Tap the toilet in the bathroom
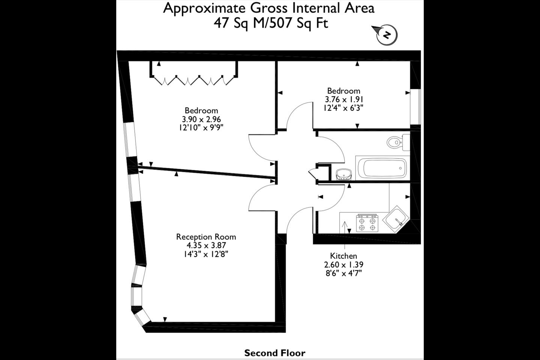tap(398, 142)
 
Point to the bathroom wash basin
tap(343, 174)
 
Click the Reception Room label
tap(206, 237)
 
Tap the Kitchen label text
tap(343, 256)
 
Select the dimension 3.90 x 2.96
tap(201, 119)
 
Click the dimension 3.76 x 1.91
tap(344, 99)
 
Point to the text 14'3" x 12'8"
tap(206, 254)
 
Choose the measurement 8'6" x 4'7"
tap(344, 273)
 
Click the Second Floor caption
tap(275, 353)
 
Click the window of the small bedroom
tap(415, 107)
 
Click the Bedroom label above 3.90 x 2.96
tap(201, 110)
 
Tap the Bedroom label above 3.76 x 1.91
tap(344, 91)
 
